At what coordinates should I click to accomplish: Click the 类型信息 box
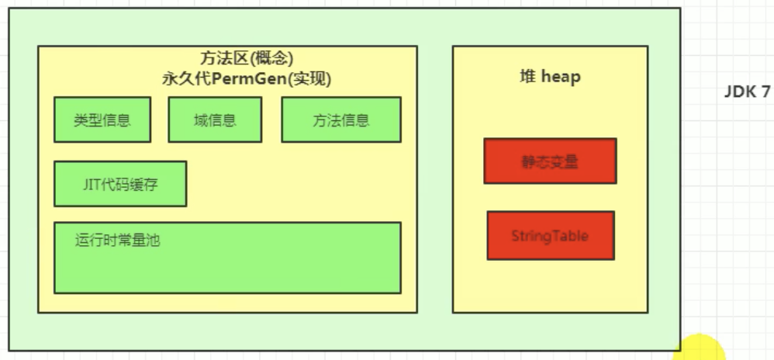click(102, 120)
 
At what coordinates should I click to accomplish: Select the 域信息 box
click(215, 120)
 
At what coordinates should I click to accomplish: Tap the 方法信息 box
click(340, 120)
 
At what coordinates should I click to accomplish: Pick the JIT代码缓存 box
click(120, 184)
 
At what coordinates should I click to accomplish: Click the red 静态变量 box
click(550, 161)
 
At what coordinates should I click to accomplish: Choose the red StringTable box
click(550, 236)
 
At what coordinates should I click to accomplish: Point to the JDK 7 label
click(747, 92)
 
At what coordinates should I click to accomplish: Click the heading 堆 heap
click(550, 76)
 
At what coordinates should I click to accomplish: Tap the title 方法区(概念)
click(246, 59)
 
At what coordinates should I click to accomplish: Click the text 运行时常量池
click(117, 241)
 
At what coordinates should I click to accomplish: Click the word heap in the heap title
click(561, 76)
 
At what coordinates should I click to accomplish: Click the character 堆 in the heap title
click(527, 76)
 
